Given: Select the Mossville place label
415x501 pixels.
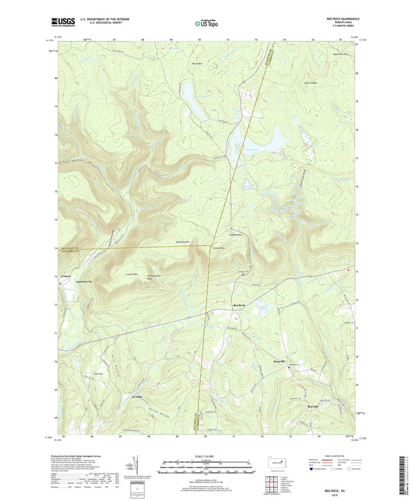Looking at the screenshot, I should coord(279,361).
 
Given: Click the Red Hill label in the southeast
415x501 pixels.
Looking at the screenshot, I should coord(314,407).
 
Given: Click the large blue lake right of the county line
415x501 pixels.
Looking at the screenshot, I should coord(271,140).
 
